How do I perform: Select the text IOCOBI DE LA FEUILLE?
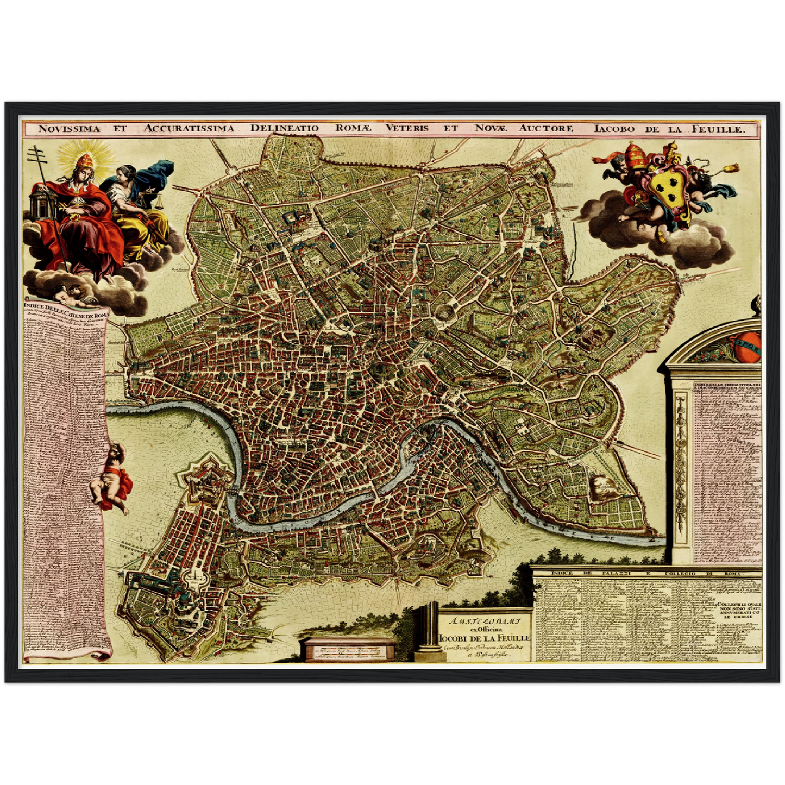pos(485,637)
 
